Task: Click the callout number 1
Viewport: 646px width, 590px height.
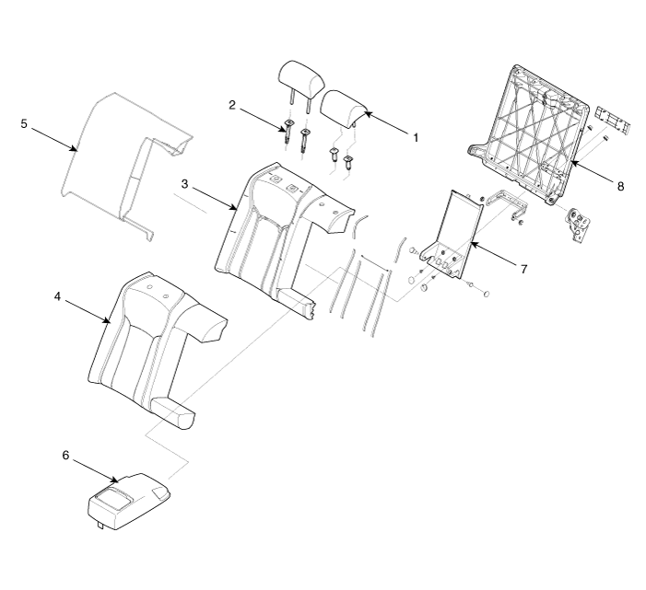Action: [x=416, y=138]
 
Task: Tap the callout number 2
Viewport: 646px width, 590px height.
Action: [x=232, y=105]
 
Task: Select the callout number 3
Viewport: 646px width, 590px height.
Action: [x=184, y=184]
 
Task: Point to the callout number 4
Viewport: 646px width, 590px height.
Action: [x=57, y=296]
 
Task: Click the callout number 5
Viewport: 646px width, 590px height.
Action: [x=24, y=123]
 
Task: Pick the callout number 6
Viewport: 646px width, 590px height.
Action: [x=65, y=455]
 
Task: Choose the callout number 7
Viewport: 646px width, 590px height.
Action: [x=523, y=269]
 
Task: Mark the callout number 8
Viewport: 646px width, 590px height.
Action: [x=620, y=186]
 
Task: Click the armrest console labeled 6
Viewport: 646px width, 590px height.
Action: [x=128, y=501]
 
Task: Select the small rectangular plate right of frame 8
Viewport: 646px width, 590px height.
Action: [x=614, y=120]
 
